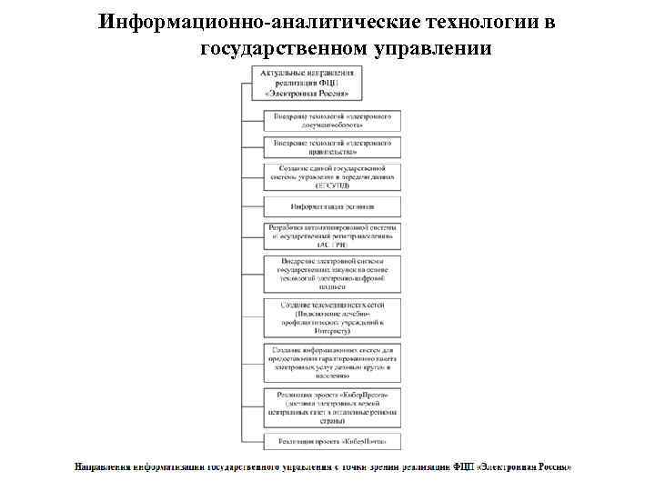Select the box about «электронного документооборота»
pos(332,119)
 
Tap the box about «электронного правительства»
pos(332,147)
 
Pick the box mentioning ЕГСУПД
pos(332,177)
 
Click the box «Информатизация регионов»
pos(332,207)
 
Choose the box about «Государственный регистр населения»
pos(332,236)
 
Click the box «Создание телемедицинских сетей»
pos(332,317)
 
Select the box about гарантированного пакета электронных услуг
pos(332,363)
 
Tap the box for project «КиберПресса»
pos(332,406)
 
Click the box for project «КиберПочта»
pos(332,441)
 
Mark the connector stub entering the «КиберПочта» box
pos(253,441)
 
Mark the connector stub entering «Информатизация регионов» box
pos(253,207)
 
